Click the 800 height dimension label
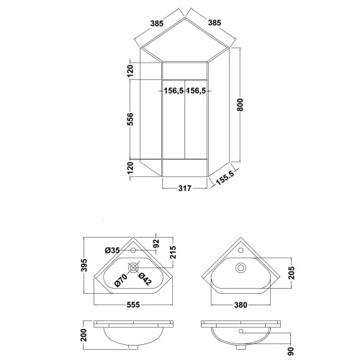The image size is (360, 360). pyautogui.click(x=240, y=104)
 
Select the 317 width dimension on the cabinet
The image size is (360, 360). pyautogui.click(x=185, y=189)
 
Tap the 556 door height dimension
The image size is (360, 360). pyautogui.click(x=130, y=119)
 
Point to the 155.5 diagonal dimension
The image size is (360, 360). pyautogui.click(x=225, y=178)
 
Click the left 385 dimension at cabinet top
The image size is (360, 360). pyautogui.click(x=157, y=23)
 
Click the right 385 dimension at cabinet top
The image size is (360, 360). pyautogui.click(x=214, y=22)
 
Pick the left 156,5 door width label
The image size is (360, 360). pyautogui.click(x=174, y=91)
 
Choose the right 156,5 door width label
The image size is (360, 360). pyautogui.click(x=196, y=91)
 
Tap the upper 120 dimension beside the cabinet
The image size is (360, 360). pyautogui.click(x=130, y=71)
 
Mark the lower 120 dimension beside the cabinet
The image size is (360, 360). pyautogui.click(x=130, y=168)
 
